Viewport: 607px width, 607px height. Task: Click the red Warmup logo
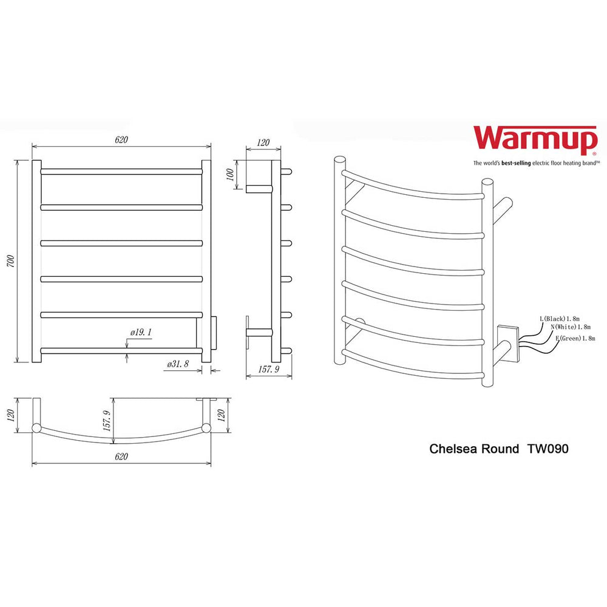coord(535,138)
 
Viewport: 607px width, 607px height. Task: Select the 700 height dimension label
coord(11,261)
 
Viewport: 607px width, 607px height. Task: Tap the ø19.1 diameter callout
coord(141,332)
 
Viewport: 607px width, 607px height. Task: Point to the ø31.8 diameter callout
coord(178,364)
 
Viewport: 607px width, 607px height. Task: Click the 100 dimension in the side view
coord(230,175)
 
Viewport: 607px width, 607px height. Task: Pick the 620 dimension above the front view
coord(121,140)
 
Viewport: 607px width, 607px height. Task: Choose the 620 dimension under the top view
coord(121,456)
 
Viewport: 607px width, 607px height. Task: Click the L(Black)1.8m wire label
coord(560,319)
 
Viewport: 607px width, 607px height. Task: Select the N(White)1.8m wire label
coord(571,327)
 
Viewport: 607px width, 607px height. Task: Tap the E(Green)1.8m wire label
coord(575,338)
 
